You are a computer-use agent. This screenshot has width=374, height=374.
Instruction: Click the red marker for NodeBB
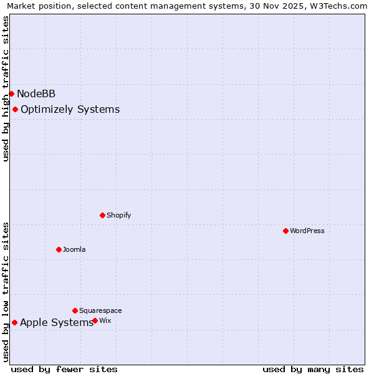click(11, 93)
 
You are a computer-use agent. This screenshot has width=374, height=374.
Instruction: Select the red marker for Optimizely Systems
click(15, 110)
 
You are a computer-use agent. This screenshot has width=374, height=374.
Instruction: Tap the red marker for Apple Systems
click(14, 322)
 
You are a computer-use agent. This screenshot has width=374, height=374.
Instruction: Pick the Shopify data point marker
click(102, 215)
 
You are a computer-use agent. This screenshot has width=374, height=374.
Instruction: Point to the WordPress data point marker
click(285, 231)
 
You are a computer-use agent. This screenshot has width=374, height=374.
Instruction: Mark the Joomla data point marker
click(59, 249)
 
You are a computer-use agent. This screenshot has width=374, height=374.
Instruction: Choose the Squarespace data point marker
click(75, 310)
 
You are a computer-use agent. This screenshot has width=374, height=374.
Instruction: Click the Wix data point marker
click(95, 320)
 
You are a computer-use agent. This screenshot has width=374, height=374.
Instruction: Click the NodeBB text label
click(36, 94)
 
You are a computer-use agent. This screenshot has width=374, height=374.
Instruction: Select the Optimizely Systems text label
click(70, 110)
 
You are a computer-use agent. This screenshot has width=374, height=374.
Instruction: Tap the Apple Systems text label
click(57, 322)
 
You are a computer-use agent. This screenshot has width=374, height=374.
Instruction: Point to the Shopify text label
click(118, 215)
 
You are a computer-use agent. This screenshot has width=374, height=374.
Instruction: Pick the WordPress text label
click(307, 231)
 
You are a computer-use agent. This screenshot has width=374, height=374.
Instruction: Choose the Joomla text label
click(74, 249)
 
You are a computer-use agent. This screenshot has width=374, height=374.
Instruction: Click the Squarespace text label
click(100, 310)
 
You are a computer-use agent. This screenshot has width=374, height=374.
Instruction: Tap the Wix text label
click(105, 320)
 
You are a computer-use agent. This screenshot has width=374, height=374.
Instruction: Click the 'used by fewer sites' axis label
click(64, 369)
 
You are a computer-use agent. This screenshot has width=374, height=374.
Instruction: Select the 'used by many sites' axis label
click(313, 369)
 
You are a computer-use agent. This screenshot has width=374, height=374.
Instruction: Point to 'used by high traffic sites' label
click(6, 89)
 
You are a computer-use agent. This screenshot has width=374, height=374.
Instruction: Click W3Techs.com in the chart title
click(340, 6)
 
